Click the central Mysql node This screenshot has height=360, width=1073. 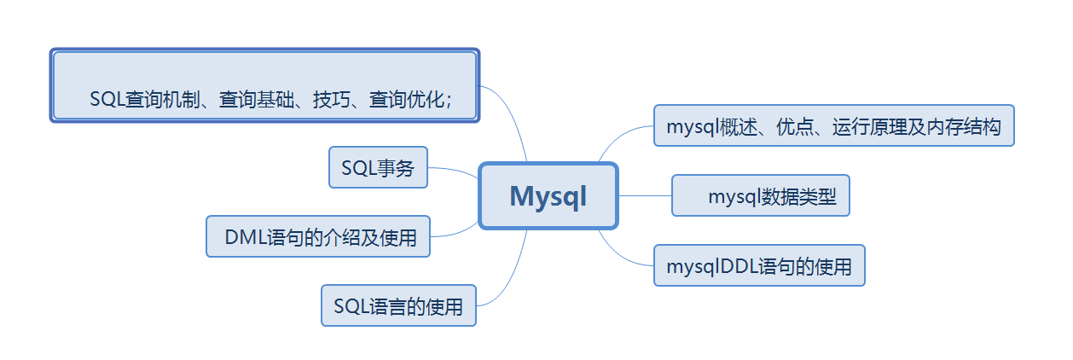click(x=548, y=196)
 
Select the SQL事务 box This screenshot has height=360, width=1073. click(x=378, y=168)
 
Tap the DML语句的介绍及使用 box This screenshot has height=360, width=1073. click(x=318, y=237)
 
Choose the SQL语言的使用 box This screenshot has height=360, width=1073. click(x=398, y=306)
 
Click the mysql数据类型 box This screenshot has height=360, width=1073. click(x=760, y=197)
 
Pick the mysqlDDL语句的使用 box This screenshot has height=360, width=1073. click(x=759, y=266)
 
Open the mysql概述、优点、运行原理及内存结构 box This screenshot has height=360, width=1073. click(x=833, y=127)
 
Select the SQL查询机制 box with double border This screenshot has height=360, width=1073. click(x=264, y=86)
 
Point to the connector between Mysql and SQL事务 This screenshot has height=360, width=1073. click(x=454, y=171)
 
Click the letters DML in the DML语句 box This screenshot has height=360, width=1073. click(x=244, y=238)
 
